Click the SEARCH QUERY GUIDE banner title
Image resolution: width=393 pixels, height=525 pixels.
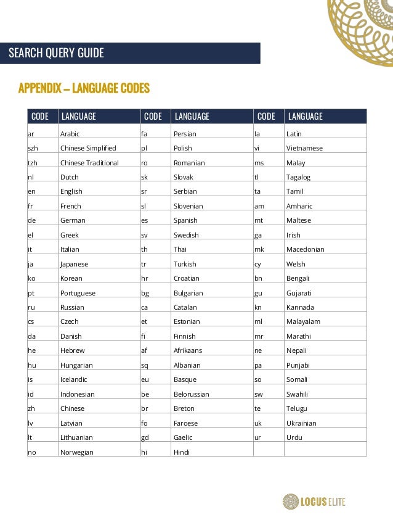tap(56, 53)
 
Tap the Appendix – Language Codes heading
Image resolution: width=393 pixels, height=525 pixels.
tap(84, 88)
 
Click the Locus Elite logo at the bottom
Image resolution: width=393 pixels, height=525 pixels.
tap(314, 502)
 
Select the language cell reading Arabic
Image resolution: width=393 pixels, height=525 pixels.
tap(70, 134)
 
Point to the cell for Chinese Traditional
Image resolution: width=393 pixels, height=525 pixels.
tap(89, 163)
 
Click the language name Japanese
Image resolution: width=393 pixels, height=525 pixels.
tap(74, 264)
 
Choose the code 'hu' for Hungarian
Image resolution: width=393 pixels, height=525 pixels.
tap(31, 365)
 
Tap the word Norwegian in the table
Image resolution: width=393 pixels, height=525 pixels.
tap(77, 452)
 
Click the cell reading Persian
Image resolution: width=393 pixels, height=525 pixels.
tap(185, 134)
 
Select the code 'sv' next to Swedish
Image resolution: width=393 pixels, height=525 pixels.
tap(145, 235)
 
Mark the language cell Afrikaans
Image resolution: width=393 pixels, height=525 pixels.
tap(188, 350)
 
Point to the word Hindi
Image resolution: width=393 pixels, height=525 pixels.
tap(182, 452)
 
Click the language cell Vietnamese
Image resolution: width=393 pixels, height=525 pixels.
tap(304, 148)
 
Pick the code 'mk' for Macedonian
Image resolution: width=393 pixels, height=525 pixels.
tap(259, 249)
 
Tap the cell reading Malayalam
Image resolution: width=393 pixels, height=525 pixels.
tap(303, 321)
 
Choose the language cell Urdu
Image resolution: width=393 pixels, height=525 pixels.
tap(294, 437)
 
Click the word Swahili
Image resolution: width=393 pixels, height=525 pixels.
tap(297, 394)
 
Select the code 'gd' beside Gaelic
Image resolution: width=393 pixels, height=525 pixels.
tap(145, 437)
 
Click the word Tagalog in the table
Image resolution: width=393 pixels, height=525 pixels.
tap(298, 177)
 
